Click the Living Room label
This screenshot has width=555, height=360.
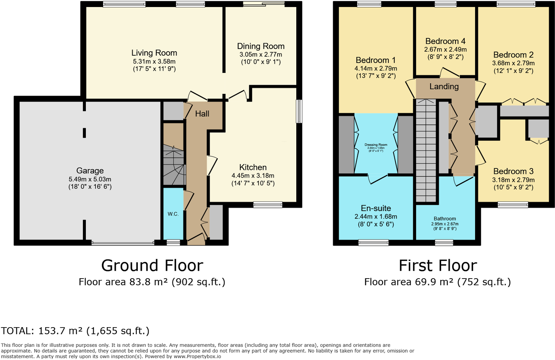click(x=154, y=53)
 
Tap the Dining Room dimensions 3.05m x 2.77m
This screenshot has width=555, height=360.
click(x=261, y=55)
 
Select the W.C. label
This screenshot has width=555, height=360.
click(x=173, y=214)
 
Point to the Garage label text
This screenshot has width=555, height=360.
click(x=90, y=171)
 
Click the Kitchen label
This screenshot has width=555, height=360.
click(x=253, y=167)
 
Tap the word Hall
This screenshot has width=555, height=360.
click(x=202, y=114)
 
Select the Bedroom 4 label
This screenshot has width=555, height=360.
click(x=445, y=41)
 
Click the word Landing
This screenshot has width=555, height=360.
click(x=444, y=87)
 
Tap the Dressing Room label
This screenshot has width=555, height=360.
click(x=376, y=145)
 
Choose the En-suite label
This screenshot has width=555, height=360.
click(x=376, y=208)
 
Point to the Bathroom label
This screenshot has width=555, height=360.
click(x=445, y=219)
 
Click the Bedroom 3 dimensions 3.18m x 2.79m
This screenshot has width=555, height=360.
click(x=513, y=180)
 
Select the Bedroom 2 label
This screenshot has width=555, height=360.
click(x=513, y=55)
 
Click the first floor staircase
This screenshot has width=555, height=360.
click(x=426, y=151)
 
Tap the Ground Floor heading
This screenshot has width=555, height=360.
click(x=152, y=266)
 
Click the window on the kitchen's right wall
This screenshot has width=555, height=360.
click(x=299, y=111)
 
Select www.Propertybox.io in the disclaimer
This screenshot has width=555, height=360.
click(x=197, y=356)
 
